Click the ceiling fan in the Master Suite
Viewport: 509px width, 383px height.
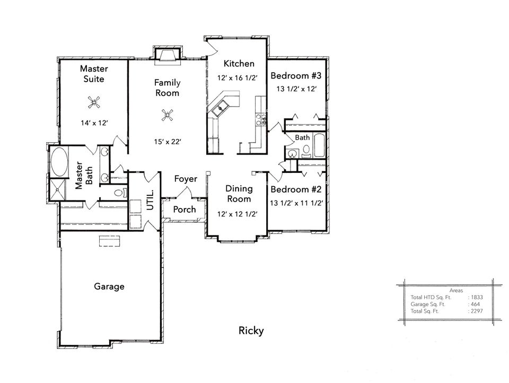pos(94,103)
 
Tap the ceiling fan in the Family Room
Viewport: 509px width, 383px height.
pos(168,115)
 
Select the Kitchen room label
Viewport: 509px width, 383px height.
pos(239,64)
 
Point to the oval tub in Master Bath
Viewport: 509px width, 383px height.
pos(59,162)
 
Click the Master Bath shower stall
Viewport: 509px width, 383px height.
pos(58,190)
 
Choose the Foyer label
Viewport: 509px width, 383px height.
pos(186,179)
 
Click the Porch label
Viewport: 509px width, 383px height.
pos(185,210)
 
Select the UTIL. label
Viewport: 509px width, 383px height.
pos(150,200)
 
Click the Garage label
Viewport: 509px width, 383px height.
pos(109,286)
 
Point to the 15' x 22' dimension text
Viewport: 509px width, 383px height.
pos(167,142)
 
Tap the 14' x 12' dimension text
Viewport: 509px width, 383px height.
pos(94,123)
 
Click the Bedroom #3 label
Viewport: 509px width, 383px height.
pos(296,76)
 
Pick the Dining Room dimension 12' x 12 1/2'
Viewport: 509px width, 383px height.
pos(238,214)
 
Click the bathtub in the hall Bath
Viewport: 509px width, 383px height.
pos(320,145)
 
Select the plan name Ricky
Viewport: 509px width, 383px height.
pos(251,331)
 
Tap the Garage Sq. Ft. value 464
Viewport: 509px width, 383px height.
pos(475,304)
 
